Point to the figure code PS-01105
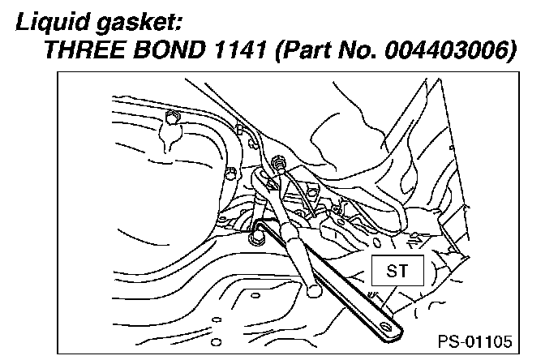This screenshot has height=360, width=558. pyautogui.click(x=476, y=341)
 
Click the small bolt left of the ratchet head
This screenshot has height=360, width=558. pyautogui.click(x=230, y=174)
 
